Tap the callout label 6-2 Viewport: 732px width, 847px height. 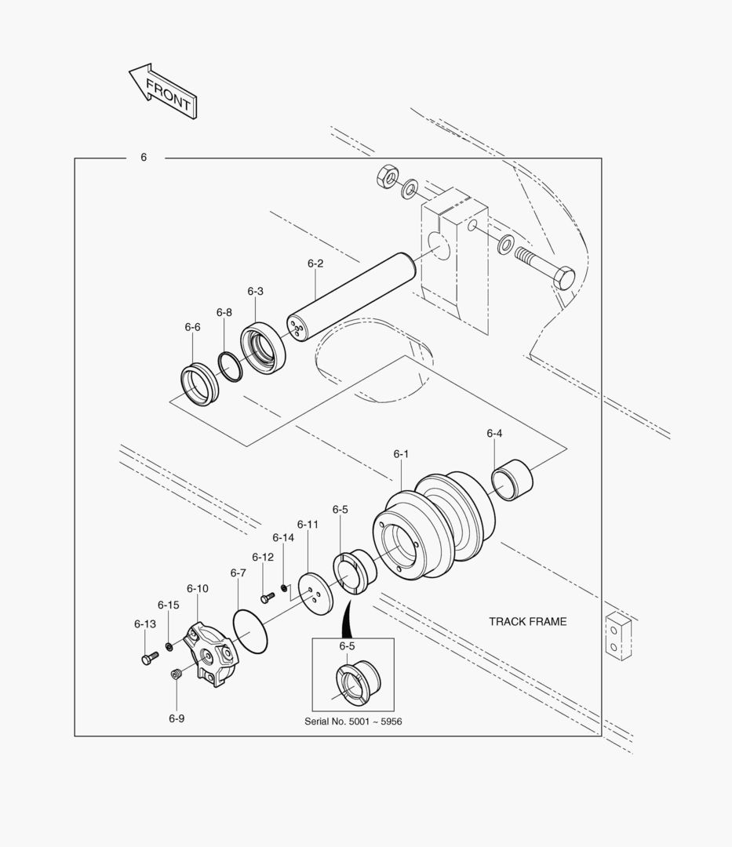(315, 264)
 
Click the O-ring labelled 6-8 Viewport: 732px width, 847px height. (230, 365)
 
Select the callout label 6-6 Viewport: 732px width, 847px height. (192, 327)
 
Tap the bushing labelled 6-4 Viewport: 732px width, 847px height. (512, 478)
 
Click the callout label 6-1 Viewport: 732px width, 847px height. (401, 454)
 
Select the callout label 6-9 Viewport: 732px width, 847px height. (177, 718)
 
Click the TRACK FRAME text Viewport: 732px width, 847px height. (527, 622)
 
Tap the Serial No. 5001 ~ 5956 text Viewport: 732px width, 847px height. (353, 721)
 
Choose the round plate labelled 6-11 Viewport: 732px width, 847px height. (315, 596)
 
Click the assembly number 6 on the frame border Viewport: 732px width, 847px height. (144, 158)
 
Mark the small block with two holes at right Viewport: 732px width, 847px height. (618, 636)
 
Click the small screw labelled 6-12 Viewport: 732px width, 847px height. (268, 598)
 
